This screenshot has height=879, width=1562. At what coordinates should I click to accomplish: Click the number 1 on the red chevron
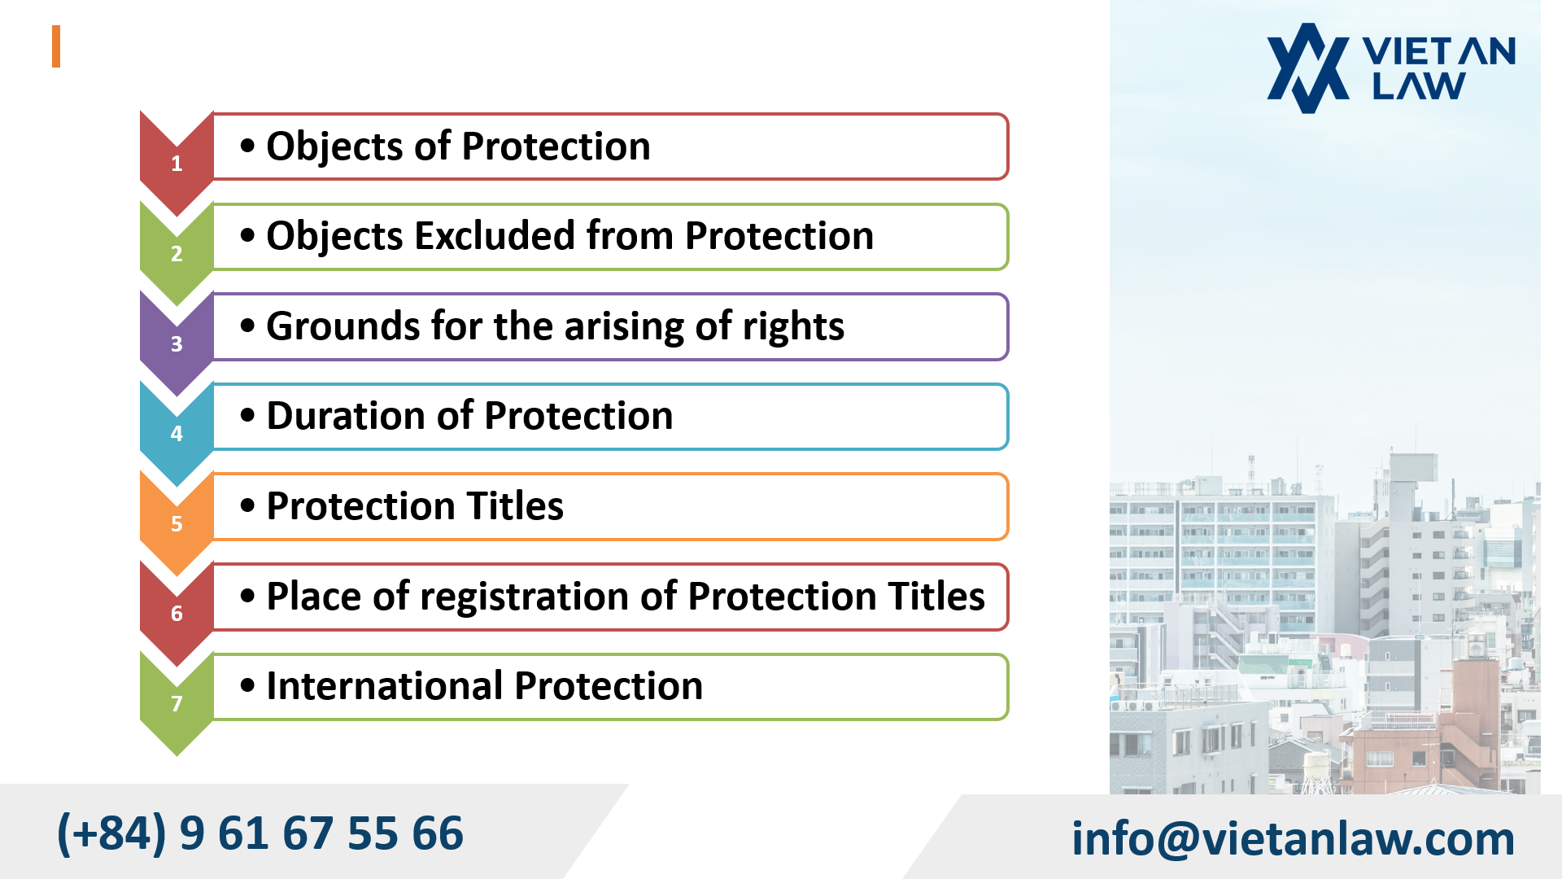point(177,164)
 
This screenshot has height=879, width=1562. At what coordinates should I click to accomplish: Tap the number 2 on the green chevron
point(177,254)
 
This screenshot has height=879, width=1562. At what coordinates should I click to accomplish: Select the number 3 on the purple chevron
point(177,344)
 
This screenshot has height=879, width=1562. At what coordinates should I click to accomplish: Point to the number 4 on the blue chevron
point(177,434)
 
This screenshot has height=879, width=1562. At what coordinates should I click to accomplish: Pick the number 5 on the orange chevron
point(177,524)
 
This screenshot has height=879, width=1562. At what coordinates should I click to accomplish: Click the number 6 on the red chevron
point(177,614)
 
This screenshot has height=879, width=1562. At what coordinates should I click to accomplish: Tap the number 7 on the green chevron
point(177,704)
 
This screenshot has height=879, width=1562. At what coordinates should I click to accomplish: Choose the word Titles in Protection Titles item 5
point(516,506)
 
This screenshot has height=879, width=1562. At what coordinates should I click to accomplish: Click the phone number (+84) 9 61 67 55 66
point(260,833)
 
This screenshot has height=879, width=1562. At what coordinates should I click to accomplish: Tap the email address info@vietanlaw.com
point(1293,838)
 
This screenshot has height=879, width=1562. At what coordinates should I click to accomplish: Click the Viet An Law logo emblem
point(1307,68)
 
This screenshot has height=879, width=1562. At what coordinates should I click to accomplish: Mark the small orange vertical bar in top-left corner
point(56,46)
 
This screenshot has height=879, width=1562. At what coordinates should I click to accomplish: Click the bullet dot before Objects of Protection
point(247,146)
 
